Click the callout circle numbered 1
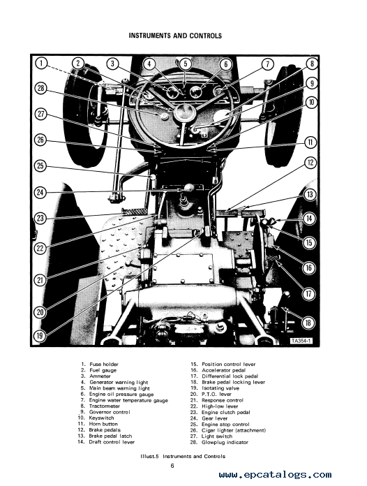point(41,64)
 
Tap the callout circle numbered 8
point(312,64)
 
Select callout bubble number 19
point(40,335)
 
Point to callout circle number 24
point(40,192)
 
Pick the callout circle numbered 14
point(309,219)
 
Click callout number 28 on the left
point(41,89)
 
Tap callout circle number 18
point(308,323)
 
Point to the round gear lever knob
point(189,188)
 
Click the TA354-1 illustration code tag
point(301,341)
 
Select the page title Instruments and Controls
point(175,36)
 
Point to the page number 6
point(172,466)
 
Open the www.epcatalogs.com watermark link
point(275,475)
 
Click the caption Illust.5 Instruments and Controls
point(183,456)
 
